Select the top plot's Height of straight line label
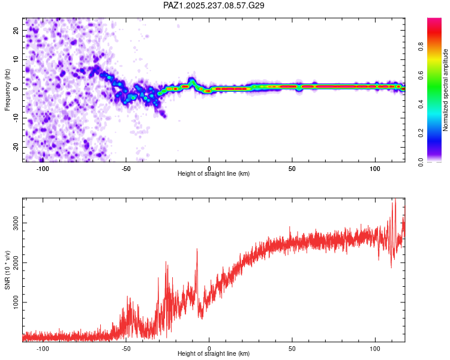pyautogui.click(x=214, y=174)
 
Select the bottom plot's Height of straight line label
pyautogui.click(x=214, y=354)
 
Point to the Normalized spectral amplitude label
pyautogui.click(x=445, y=91)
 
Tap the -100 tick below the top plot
pyautogui.click(x=43, y=169)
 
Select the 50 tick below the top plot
pyautogui.click(x=292, y=169)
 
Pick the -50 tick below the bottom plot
pyautogui.click(x=126, y=349)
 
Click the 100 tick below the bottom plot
pyautogui.click(x=375, y=349)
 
